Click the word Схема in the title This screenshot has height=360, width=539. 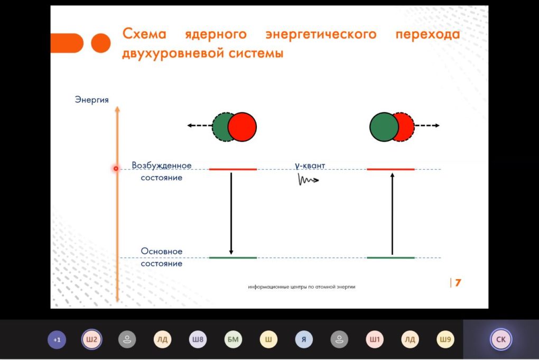[144, 34]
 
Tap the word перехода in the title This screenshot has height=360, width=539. [428, 34]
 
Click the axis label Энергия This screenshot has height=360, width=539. [92, 100]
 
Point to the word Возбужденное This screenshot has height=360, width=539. [162, 165]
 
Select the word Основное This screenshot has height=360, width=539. [162, 251]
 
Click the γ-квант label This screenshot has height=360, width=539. [310, 165]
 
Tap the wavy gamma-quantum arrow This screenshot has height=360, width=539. [308, 180]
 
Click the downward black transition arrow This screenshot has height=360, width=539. [231, 214]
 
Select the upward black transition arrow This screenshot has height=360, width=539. [392, 214]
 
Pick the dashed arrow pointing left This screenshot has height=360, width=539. [200, 125]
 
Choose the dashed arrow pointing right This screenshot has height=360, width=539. [426, 125]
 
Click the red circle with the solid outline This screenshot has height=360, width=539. [242, 127]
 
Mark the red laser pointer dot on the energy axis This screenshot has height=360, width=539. [116, 169]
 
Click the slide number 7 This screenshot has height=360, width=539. [458, 283]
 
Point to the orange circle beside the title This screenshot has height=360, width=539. [101, 43]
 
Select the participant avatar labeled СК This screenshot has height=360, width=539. [501, 339]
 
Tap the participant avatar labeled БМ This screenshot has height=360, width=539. [233, 339]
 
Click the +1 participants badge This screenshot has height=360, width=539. [57, 340]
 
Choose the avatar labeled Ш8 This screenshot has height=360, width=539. [198, 339]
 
